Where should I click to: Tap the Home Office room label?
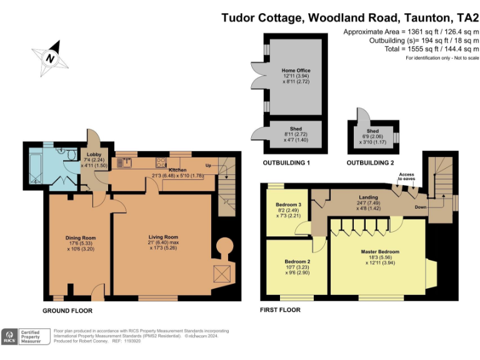(296, 71)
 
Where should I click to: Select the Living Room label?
(163, 237)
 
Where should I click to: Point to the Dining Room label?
(80, 237)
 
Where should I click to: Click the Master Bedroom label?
(379, 251)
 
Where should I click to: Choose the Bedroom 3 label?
(289, 205)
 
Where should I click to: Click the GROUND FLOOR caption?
(67, 310)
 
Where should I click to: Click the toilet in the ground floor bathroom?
(71, 156)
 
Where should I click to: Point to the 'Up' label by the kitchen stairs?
(209, 166)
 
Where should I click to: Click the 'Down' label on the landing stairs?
(421, 207)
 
